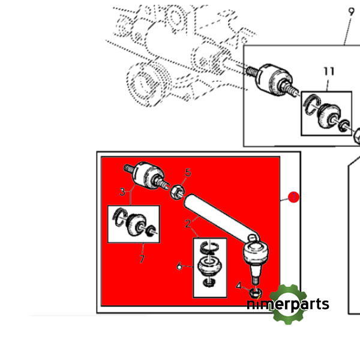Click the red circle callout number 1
pyautogui.click(x=293, y=197)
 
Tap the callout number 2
pyautogui.click(x=188, y=223)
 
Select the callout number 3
pyautogui.click(x=122, y=192)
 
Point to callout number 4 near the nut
pyautogui.click(x=239, y=286)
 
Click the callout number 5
pyautogui.click(x=188, y=172)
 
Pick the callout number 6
pyautogui.click(x=179, y=266)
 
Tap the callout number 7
pyautogui.click(x=142, y=259)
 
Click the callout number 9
pyautogui.click(x=351, y=12)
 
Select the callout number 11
pyautogui.click(x=329, y=71)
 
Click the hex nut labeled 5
pyautogui.click(x=177, y=192)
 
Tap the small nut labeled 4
pyautogui.click(x=256, y=293)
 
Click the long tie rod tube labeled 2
pyautogui.click(x=220, y=214)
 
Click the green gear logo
pyautogui.click(x=288, y=304)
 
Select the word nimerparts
pyautogui.click(x=288, y=304)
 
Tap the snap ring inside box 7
pyautogui.click(x=119, y=217)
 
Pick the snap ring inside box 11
pyautogui.click(x=311, y=104)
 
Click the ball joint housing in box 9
pyautogui.click(x=273, y=79)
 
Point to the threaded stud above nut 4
pyautogui.click(x=255, y=279)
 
